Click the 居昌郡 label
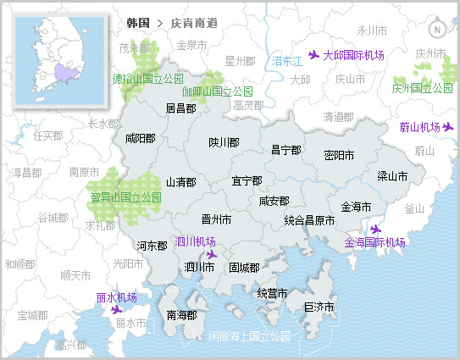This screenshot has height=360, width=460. click(x=180, y=108)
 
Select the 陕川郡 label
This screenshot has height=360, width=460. click(x=224, y=143)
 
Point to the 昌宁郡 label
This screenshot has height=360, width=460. click(x=285, y=150)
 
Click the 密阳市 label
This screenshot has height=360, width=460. click(x=340, y=156)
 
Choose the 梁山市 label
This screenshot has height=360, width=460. click(x=392, y=177)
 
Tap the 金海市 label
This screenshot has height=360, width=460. click(x=356, y=207)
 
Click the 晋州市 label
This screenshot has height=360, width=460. click(x=216, y=219)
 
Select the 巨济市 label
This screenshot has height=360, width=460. click(x=320, y=307)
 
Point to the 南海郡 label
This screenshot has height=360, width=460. click(x=181, y=315)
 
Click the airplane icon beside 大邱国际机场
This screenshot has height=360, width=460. click(x=314, y=55)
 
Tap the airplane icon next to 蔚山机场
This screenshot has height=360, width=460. click(x=448, y=127)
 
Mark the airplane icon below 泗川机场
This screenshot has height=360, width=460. click(x=211, y=253)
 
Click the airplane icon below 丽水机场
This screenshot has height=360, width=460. click(x=117, y=310)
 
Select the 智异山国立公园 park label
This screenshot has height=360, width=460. click(x=125, y=197)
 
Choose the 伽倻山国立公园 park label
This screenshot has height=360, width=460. click(x=217, y=91)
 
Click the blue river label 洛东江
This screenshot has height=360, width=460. click(x=287, y=61)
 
